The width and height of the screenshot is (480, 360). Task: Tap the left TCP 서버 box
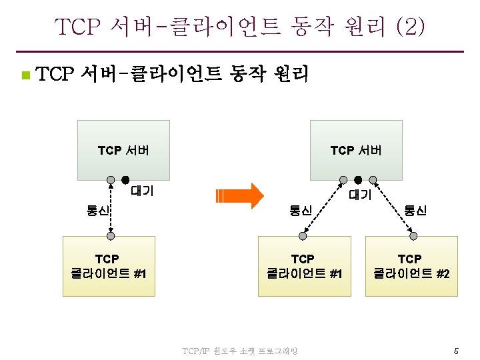(x=123, y=149)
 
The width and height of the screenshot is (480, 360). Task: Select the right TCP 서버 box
(x=356, y=149)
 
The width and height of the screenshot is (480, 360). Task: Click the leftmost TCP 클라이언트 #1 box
(x=108, y=265)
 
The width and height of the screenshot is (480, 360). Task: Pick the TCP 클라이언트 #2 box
(x=411, y=265)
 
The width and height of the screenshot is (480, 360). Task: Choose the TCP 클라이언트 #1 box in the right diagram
(x=304, y=265)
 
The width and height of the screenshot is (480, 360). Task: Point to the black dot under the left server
(x=125, y=180)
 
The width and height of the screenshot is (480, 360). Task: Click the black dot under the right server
(x=358, y=180)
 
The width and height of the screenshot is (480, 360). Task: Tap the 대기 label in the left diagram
(x=142, y=191)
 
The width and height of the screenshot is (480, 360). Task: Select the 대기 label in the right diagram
(x=361, y=195)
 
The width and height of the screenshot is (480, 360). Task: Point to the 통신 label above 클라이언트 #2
(x=415, y=211)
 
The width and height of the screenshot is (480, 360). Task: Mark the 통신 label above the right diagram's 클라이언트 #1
(x=301, y=211)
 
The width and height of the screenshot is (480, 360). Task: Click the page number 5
(x=456, y=351)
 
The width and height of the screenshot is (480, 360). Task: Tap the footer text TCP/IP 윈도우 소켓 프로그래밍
(x=240, y=351)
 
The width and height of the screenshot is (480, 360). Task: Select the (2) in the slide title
(x=409, y=27)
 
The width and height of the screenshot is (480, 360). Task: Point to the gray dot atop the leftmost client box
(x=109, y=235)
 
